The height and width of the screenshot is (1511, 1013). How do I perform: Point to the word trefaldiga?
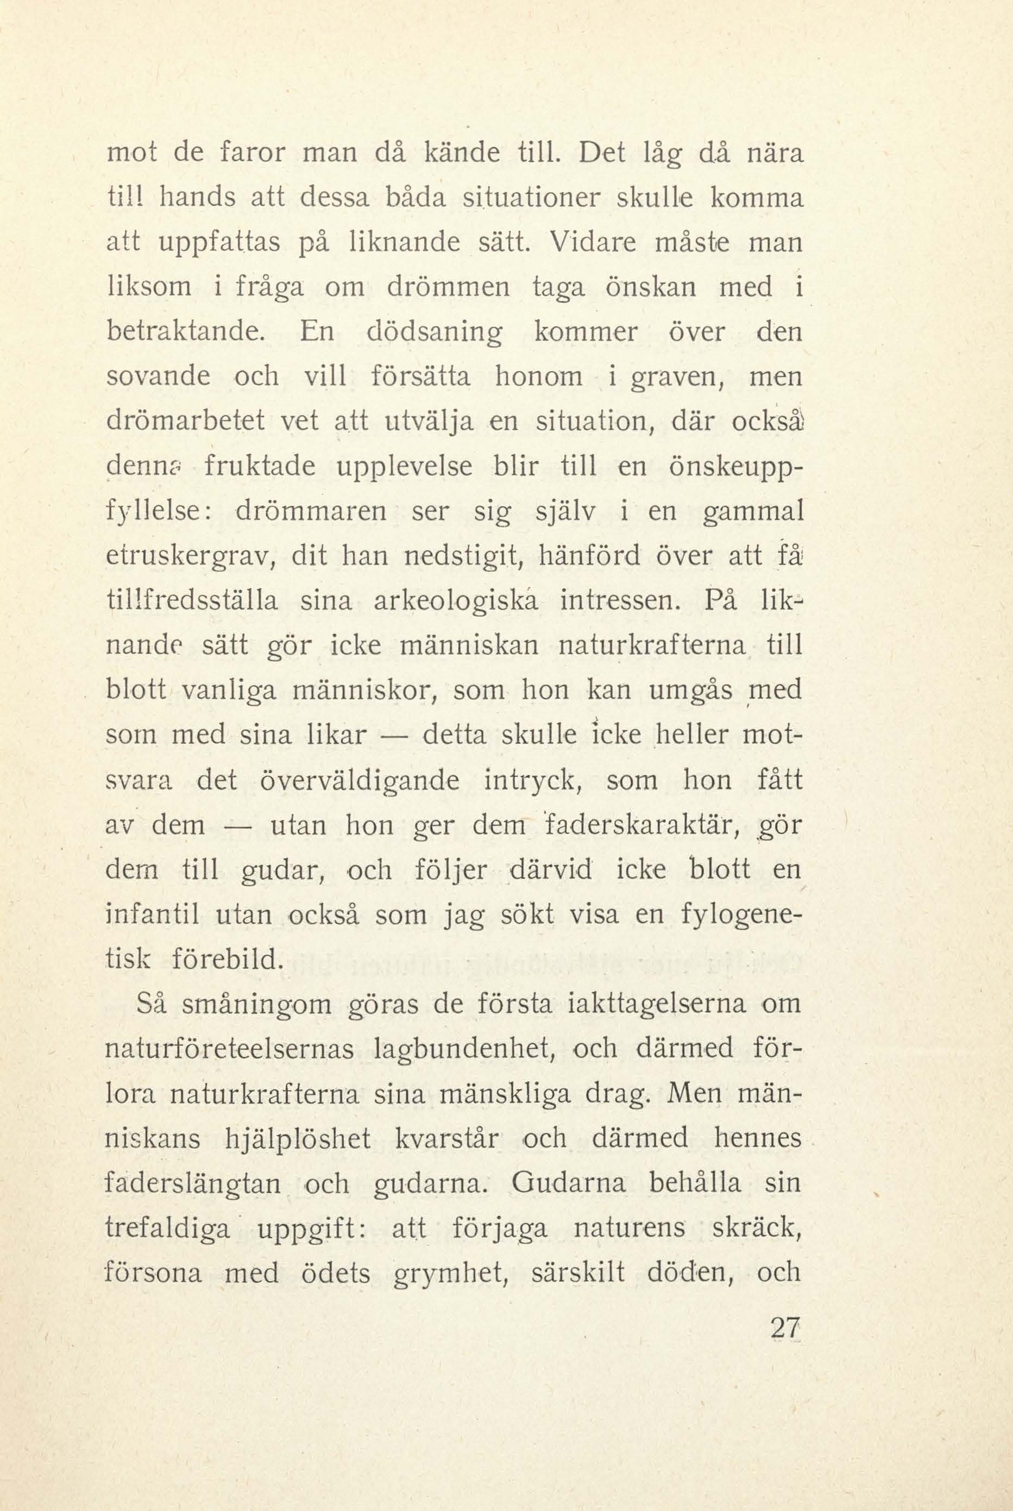coord(168,1228)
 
